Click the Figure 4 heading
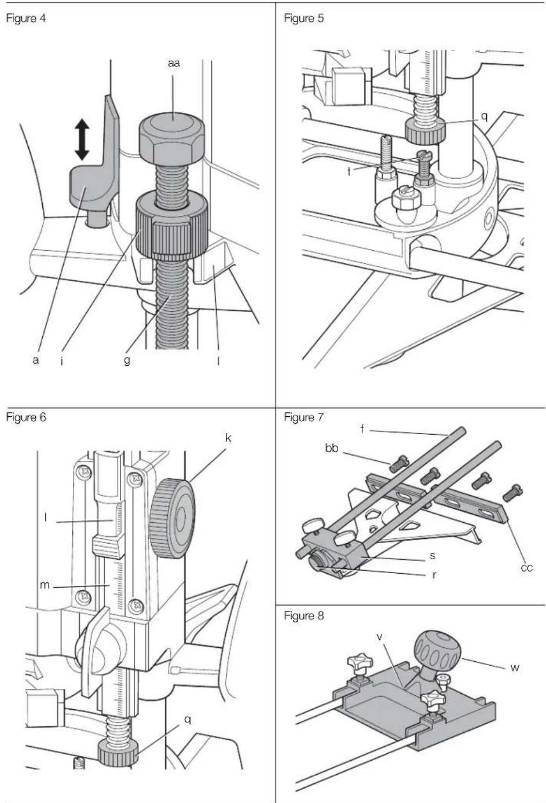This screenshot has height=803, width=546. pyautogui.click(x=26, y=19)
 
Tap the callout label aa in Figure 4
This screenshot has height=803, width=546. pyautogui.click(x=174, y=64)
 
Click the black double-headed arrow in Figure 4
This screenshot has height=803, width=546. pyautogui.click(x=82, y=140)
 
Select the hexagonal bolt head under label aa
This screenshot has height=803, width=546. pyautogui.click(x=172, y=141)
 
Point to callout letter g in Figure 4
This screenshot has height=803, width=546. pyautogui.click(x=127, y=360)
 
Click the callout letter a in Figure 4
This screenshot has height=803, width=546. pyautogui.click(x=35, y=360)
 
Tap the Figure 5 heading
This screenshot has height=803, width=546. pyautogui.click(x=303, y=19)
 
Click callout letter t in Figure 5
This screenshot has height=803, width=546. pyautogui.click(x=349, y=171)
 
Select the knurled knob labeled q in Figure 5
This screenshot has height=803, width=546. pyautogui.click(x=426, y=131)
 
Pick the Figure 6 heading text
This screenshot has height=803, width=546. pyautogui.click(x=26, y=417)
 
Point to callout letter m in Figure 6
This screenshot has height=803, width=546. pyautogui.click(x=45, y=585)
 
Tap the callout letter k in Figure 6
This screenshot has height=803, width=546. pyautogui.click(x=228, y=438)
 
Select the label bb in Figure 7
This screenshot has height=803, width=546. pyautogui.click(x=332, y=448)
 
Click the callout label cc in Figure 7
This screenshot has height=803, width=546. pyautogui.click(x=526, y=567)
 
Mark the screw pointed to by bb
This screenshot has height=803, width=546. pyautogui.click(x=398, y=463)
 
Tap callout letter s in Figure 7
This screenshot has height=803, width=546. pyautogui.click(x=433, y=556)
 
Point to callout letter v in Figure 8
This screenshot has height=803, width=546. pyautogui.click(x=380, y=637)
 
